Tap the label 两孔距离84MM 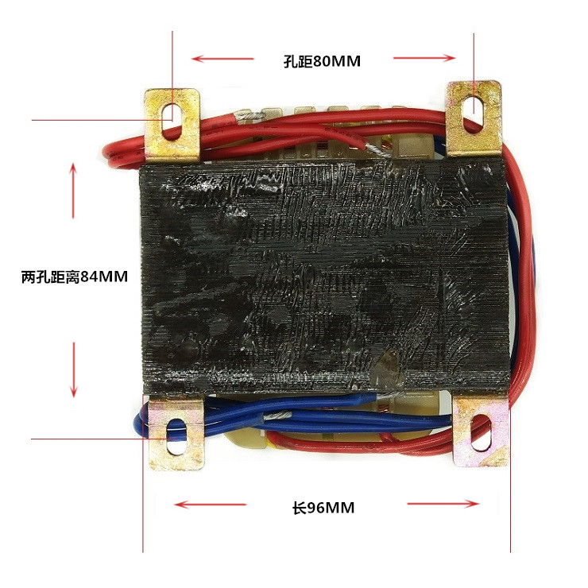coord(75,277)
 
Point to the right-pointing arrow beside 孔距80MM coord(425,57)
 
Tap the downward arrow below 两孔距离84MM coord(74,369)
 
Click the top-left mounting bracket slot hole coord(169,110)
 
